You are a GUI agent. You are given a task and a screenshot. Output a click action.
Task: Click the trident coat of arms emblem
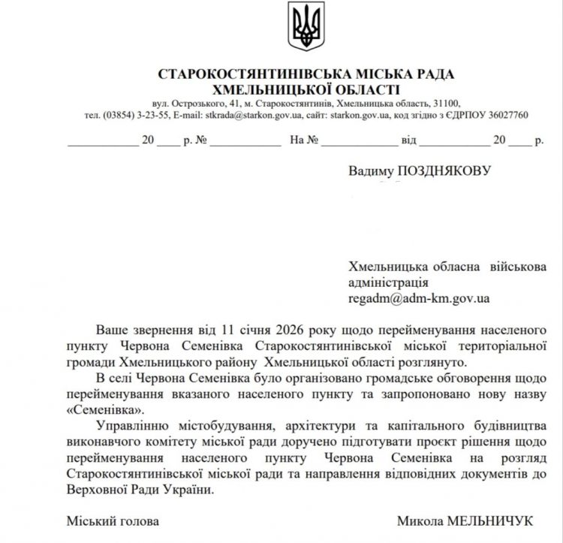click(x=306, y=26)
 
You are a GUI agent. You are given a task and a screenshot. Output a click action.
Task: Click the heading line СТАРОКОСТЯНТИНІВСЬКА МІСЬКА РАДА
click(x=306, y=75)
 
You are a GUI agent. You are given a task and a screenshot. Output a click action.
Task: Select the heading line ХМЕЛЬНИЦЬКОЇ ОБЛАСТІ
click(x=306, y=89)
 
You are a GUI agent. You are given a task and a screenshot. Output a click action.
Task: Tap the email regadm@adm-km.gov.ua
click(x=419, y=298)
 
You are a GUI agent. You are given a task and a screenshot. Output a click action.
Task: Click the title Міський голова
click(x=113, y=520)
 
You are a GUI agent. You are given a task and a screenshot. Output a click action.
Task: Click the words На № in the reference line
click(x=304, y=140)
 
